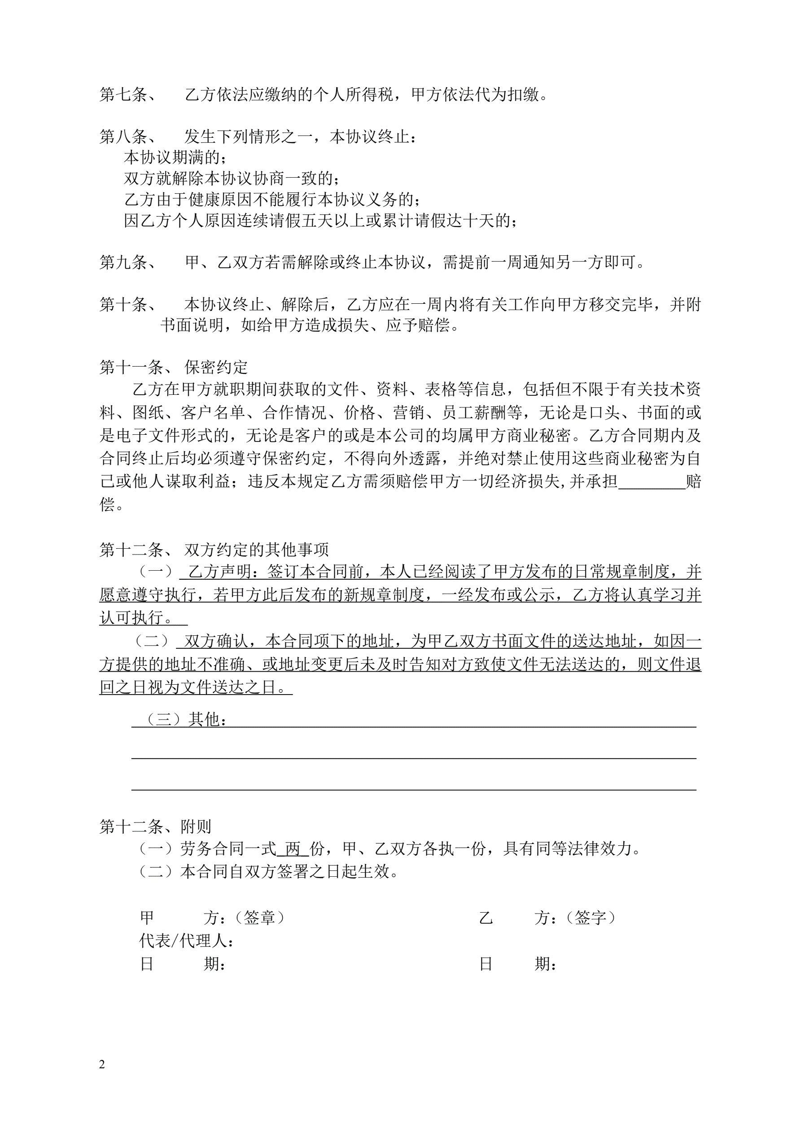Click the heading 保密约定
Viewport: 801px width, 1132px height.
tap(216, 367)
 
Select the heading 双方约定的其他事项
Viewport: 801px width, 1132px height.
tap(257, 549)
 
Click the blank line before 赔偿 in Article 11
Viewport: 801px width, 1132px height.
tap(652, 482)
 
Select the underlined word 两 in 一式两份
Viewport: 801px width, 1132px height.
tap(293, 849)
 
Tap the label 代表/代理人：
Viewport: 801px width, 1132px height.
tap(186, 941)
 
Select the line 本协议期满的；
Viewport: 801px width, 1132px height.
tap(175, 157)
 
